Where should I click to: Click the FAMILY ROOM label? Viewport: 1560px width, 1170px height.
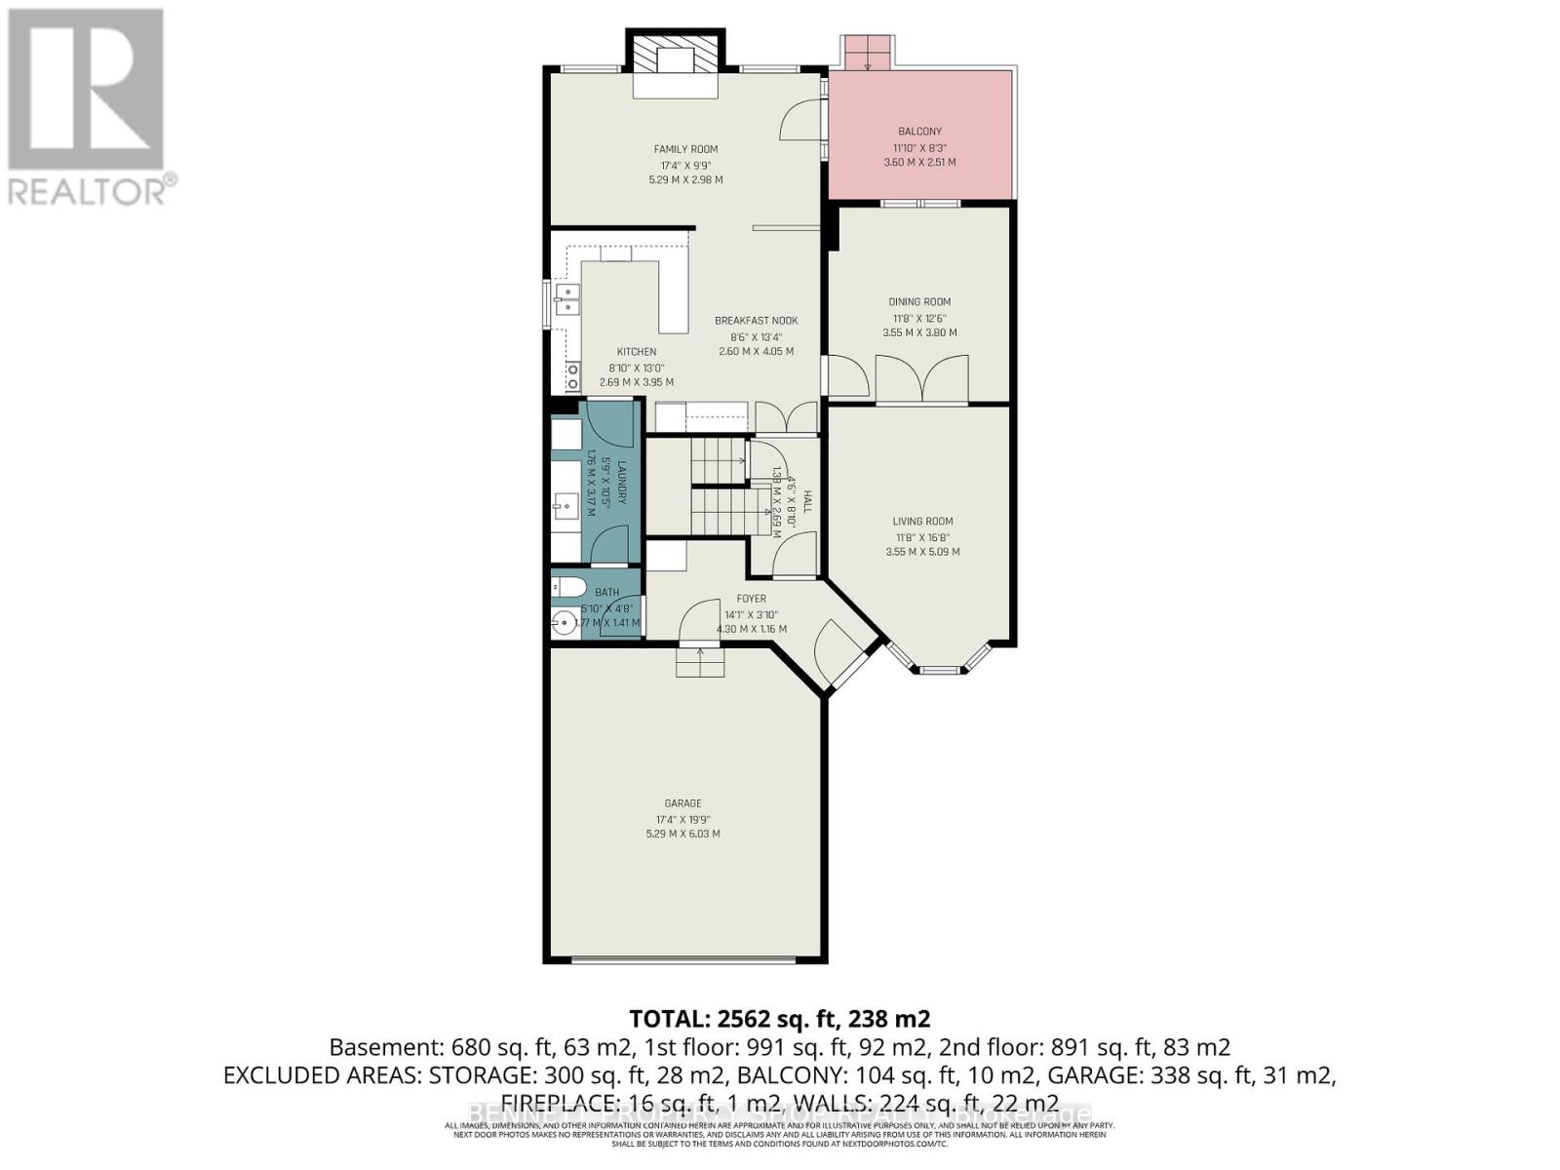[x=685, y=149]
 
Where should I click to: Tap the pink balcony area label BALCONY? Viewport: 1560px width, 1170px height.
[x=919, y=132]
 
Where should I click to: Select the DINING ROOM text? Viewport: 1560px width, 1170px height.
[x=919, y=302]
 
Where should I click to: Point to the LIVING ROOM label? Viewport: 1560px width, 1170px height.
[x=921, y=522]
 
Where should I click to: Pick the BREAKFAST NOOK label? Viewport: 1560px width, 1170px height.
[x=756, y=321]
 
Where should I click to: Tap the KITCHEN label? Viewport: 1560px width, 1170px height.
[x=636, y=352]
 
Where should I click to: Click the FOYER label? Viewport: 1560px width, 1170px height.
[x=751, y=599]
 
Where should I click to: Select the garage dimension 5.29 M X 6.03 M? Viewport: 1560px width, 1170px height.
[x=682, y=835]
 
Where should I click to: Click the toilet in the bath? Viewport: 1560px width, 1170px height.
[x=565, y=587]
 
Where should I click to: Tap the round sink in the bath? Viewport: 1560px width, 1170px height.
[x=563, y=621]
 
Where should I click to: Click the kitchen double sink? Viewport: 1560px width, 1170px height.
[x=566, y=299]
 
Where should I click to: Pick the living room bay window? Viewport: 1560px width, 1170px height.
[x=940, y=670]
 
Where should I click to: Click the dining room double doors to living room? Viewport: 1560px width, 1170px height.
[x=921, y=380]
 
